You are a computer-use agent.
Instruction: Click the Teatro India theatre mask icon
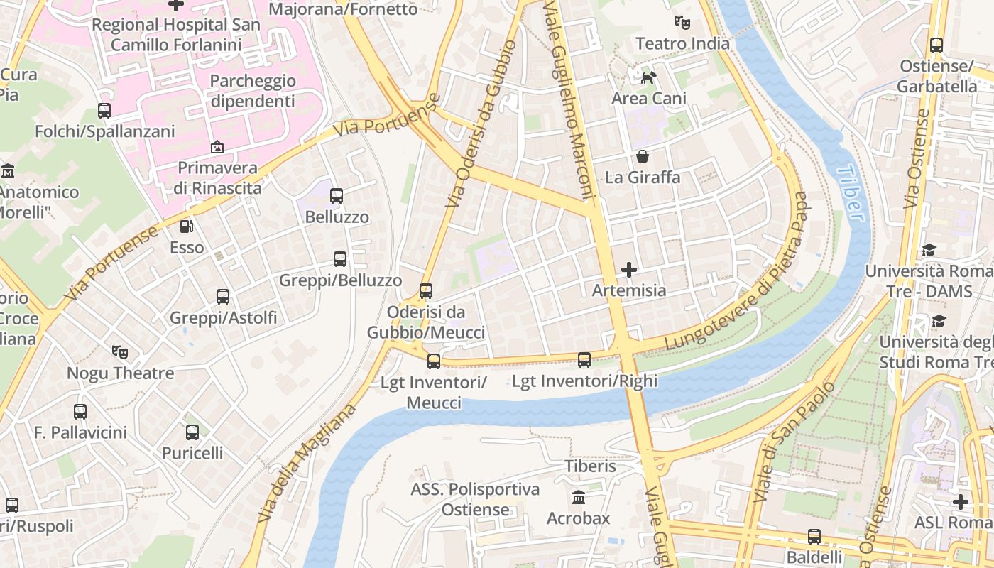[x=682, y=22]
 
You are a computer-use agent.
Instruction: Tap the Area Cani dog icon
[x=648, y=77]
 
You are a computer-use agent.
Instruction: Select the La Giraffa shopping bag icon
[x=643, y=155]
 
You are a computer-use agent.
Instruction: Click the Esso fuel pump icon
[x=187, y=226]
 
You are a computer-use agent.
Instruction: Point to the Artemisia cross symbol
[x=629, y=269]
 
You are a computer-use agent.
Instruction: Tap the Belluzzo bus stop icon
[x=337, y=195]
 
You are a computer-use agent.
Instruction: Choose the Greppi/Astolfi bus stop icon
[x=223, y=296]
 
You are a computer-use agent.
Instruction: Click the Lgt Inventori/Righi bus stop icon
[x=584, y=360]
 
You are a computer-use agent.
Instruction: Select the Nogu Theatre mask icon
[x=120, y=351]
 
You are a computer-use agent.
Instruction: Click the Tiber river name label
[x=851, y=193]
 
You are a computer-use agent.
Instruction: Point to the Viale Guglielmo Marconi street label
[x=569, y=99]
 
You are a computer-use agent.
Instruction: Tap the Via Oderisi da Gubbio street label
[x=481, y=124]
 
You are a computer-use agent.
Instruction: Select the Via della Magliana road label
[x=307, y=463]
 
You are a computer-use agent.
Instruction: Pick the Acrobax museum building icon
[x=579, y=497]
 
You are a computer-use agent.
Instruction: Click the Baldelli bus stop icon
[x=814, y=536]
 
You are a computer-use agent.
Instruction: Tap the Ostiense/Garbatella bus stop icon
[x=936, y=45]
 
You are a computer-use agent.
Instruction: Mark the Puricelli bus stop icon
[x=192, y=432]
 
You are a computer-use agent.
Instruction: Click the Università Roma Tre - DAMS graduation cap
[x=929, y=250]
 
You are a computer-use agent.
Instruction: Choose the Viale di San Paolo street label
[x=793, y=442]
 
